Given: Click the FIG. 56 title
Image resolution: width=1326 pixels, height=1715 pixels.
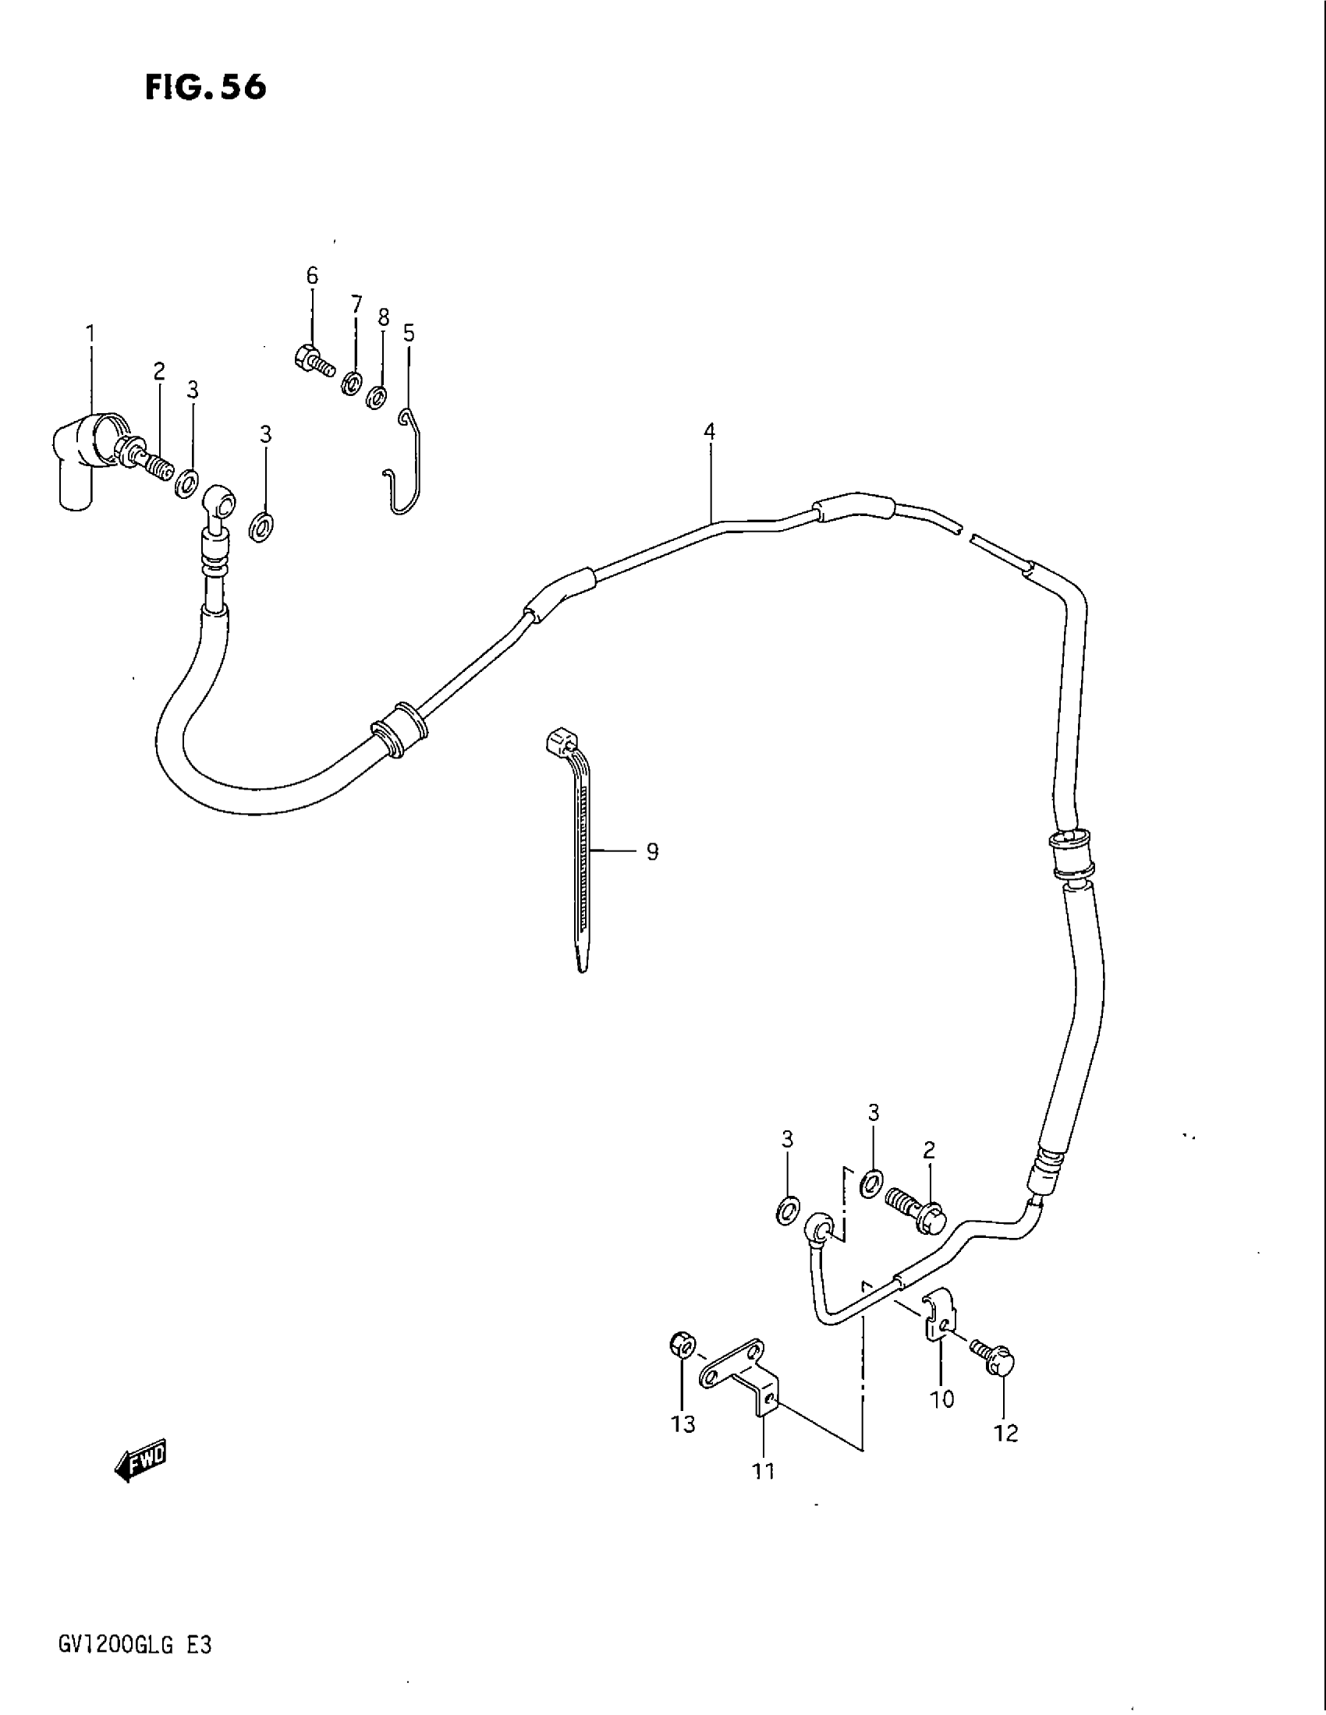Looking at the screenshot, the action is (206, 88).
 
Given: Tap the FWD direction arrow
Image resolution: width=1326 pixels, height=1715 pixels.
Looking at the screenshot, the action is (141, 1460).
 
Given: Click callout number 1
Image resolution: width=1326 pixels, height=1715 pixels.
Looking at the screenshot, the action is (90, 334).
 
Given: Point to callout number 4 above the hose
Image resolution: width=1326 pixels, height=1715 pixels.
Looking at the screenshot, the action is (709, 431).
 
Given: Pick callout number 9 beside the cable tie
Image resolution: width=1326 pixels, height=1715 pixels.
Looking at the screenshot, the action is (652, 851).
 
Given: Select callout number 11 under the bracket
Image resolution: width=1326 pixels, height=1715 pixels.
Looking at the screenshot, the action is (764, 1471).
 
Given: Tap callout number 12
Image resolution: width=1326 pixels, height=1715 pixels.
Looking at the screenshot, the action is (1005, 1434).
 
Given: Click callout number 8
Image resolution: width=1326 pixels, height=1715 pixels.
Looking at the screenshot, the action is (383, 317).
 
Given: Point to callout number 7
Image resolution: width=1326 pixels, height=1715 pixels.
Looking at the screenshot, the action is (356, 304).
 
